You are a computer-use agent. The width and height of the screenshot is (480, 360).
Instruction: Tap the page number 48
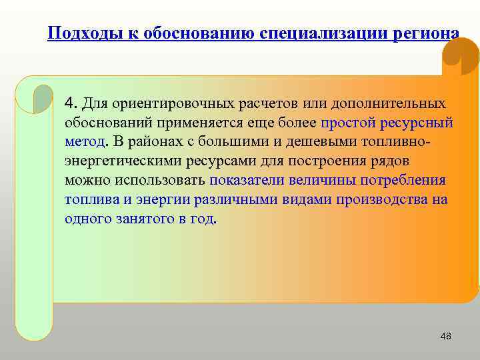[446, 336]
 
